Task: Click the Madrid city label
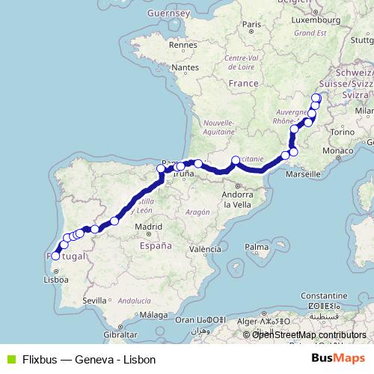(x=149, y=226)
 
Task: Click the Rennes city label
(x=183, y=44)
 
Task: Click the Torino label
(x=340, y=132)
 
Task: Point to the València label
(x=204, y=249)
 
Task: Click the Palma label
(x=257, y=246)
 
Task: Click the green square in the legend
(x=10, y=359)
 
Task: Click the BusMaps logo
(x=338, y=359)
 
